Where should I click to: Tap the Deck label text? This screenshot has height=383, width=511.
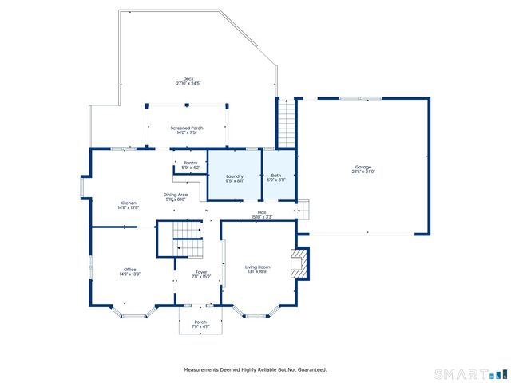pyautogui.click(x=188, y=78)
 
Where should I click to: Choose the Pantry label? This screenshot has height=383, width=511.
pyautogui.click(x=190, y=163)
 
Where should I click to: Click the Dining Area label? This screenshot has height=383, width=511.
pyautogui.click(x=176, y=195)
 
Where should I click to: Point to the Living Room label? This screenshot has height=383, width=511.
pyautogui.click(x=257, y=267)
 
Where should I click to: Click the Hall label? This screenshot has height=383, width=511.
pyautogui.click(x=261, y=211)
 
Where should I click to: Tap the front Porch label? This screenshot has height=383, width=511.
pyautogui.click(x=199, y=322)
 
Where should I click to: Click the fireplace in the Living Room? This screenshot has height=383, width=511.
pyautogui.click(x=299, y=263)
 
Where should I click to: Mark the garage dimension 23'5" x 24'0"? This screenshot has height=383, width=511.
pyautogui.click(x=362, y=172)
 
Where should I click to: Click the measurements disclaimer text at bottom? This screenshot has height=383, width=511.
pyautogui.click(x=255, y=369)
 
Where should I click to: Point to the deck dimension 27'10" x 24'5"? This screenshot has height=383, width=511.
pyautogui.click(x=188, y=83)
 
